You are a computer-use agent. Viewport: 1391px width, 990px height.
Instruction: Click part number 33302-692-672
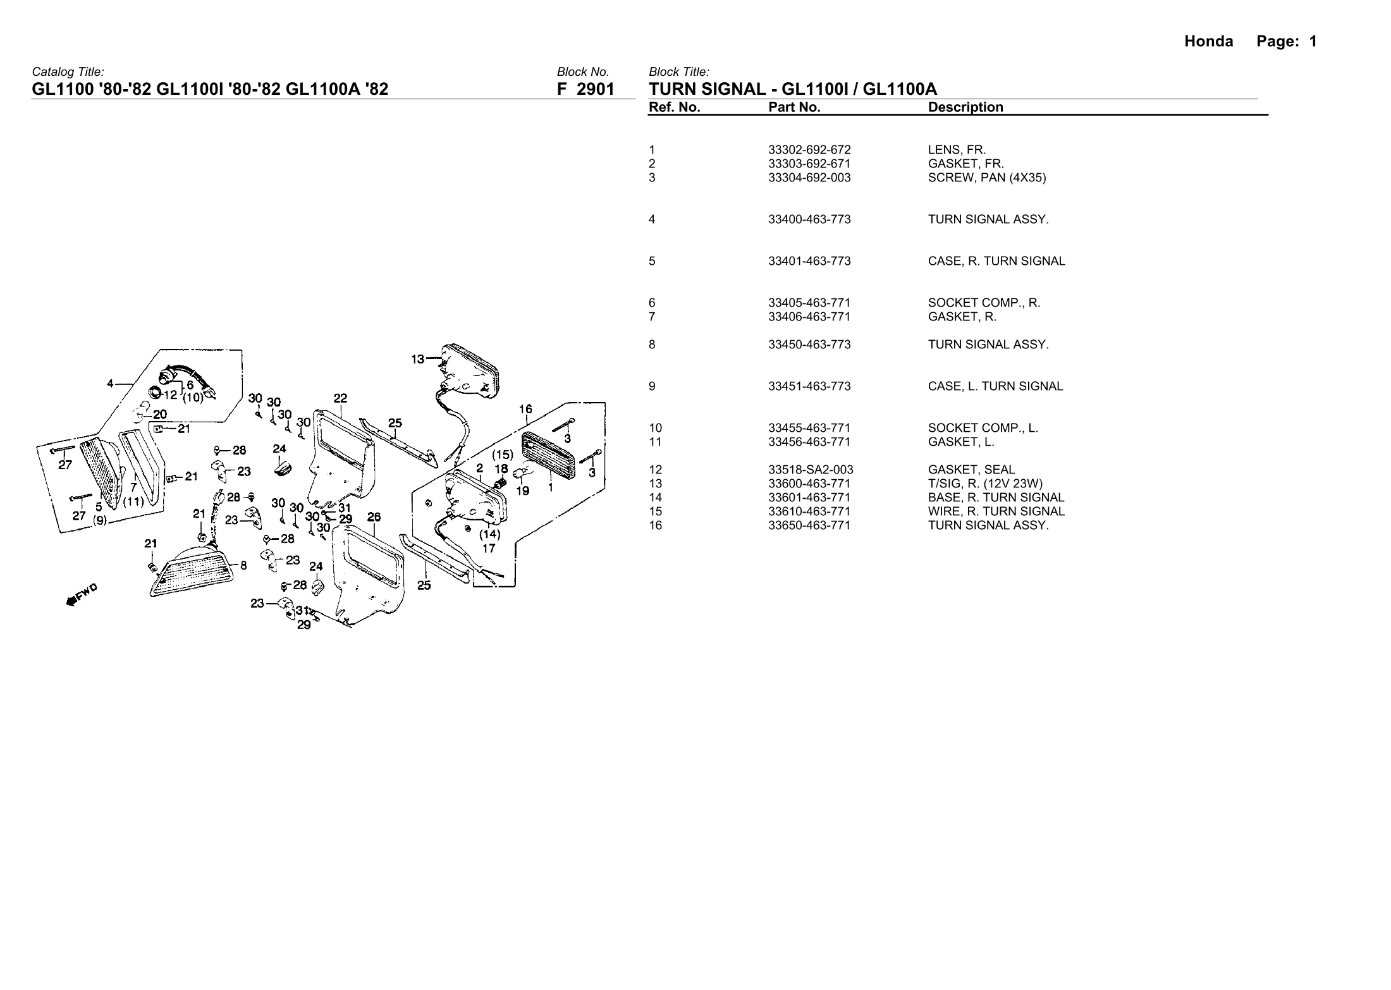click(x=809, y=150)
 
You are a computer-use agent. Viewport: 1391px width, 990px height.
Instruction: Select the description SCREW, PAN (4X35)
click(x=986, y=178)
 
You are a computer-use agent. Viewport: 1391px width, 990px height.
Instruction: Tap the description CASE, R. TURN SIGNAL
click(x=996, y=261)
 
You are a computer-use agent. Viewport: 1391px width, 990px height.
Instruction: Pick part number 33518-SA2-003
click(x=811, y=470)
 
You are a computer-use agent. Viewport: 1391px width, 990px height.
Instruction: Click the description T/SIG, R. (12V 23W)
click(x=985, y=484)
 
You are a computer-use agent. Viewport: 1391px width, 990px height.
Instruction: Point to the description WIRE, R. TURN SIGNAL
click(x=996, y=511)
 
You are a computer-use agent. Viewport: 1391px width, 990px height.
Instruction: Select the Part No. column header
click(x=794, y=107)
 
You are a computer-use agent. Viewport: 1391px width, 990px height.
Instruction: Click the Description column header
click(x=965, y=107)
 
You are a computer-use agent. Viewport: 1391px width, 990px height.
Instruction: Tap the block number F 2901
click(x=585, y=90)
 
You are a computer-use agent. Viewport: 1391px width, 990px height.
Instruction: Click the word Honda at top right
click(x=1208, y=42)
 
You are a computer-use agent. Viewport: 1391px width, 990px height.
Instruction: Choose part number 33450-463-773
click(x=809, y=345)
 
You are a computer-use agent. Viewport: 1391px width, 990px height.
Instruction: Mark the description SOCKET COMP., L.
click(x=983, y=428)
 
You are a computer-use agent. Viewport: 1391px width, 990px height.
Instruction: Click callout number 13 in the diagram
click(x=418, y=359)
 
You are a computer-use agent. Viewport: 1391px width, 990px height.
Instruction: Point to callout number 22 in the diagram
click(x=340, y=398)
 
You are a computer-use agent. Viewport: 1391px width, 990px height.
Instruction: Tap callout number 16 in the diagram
click(x=526, y=409)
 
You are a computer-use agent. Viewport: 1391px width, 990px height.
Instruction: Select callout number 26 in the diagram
click(x=374, y=516)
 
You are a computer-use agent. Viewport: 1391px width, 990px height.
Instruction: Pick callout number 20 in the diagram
click(x=159, y=415)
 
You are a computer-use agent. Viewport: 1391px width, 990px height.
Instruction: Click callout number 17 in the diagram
click(x=489, y=548)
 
